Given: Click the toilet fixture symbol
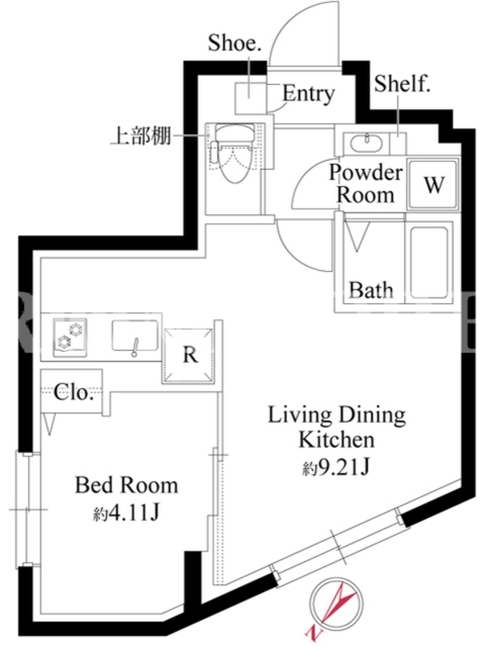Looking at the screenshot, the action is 233,154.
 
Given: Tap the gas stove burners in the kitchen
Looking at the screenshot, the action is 70,337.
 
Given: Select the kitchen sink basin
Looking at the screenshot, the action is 135,337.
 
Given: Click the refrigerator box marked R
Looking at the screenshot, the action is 189,355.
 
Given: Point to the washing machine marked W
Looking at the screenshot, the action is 433,184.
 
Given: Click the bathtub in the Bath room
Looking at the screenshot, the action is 429,262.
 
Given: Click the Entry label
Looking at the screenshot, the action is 308,94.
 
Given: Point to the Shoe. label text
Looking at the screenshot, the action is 234,43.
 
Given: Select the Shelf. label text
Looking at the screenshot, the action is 402,84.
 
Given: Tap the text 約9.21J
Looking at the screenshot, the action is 335,467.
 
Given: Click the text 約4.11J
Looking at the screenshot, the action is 126,514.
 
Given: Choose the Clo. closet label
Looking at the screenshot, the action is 73,392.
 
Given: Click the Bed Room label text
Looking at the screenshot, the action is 127,486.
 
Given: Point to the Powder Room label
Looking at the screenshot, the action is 366,184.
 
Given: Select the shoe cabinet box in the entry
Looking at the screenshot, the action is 251,98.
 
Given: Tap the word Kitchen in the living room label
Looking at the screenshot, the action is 336,440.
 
